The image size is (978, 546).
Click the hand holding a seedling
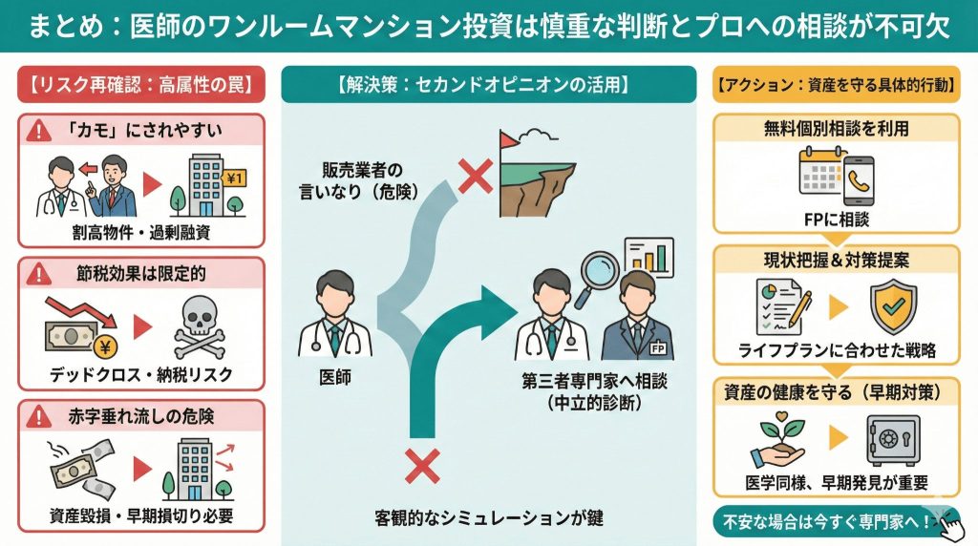click(x=781, y=441)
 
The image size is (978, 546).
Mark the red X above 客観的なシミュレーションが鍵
click(x=421, y=467)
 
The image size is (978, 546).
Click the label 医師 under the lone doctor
click(x=334, y=377)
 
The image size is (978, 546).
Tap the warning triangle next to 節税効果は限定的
click(x=39, y=274)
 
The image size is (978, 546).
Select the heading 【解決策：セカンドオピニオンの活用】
click(x=487, y=84)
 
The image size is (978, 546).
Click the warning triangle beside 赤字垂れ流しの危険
click(x=39, y=416)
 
